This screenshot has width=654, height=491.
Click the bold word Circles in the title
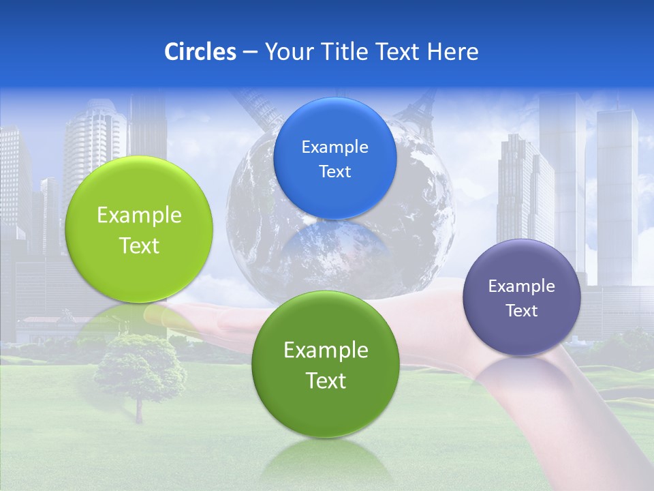coord(200,52)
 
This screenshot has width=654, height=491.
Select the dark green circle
coord(326,409)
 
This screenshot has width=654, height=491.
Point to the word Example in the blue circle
coord(334,147)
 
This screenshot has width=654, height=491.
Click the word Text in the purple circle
coord(522,311)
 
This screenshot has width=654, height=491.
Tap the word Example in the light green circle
coord(139,215)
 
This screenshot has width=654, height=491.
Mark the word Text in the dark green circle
coord(326,381)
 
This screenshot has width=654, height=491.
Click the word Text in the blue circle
coord(334,172)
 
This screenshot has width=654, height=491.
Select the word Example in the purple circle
coord(522,286)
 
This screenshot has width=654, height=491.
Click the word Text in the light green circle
coord(139,245)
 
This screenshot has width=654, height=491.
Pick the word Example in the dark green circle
coord(326,351)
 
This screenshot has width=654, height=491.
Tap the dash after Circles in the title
coord(250,53)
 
